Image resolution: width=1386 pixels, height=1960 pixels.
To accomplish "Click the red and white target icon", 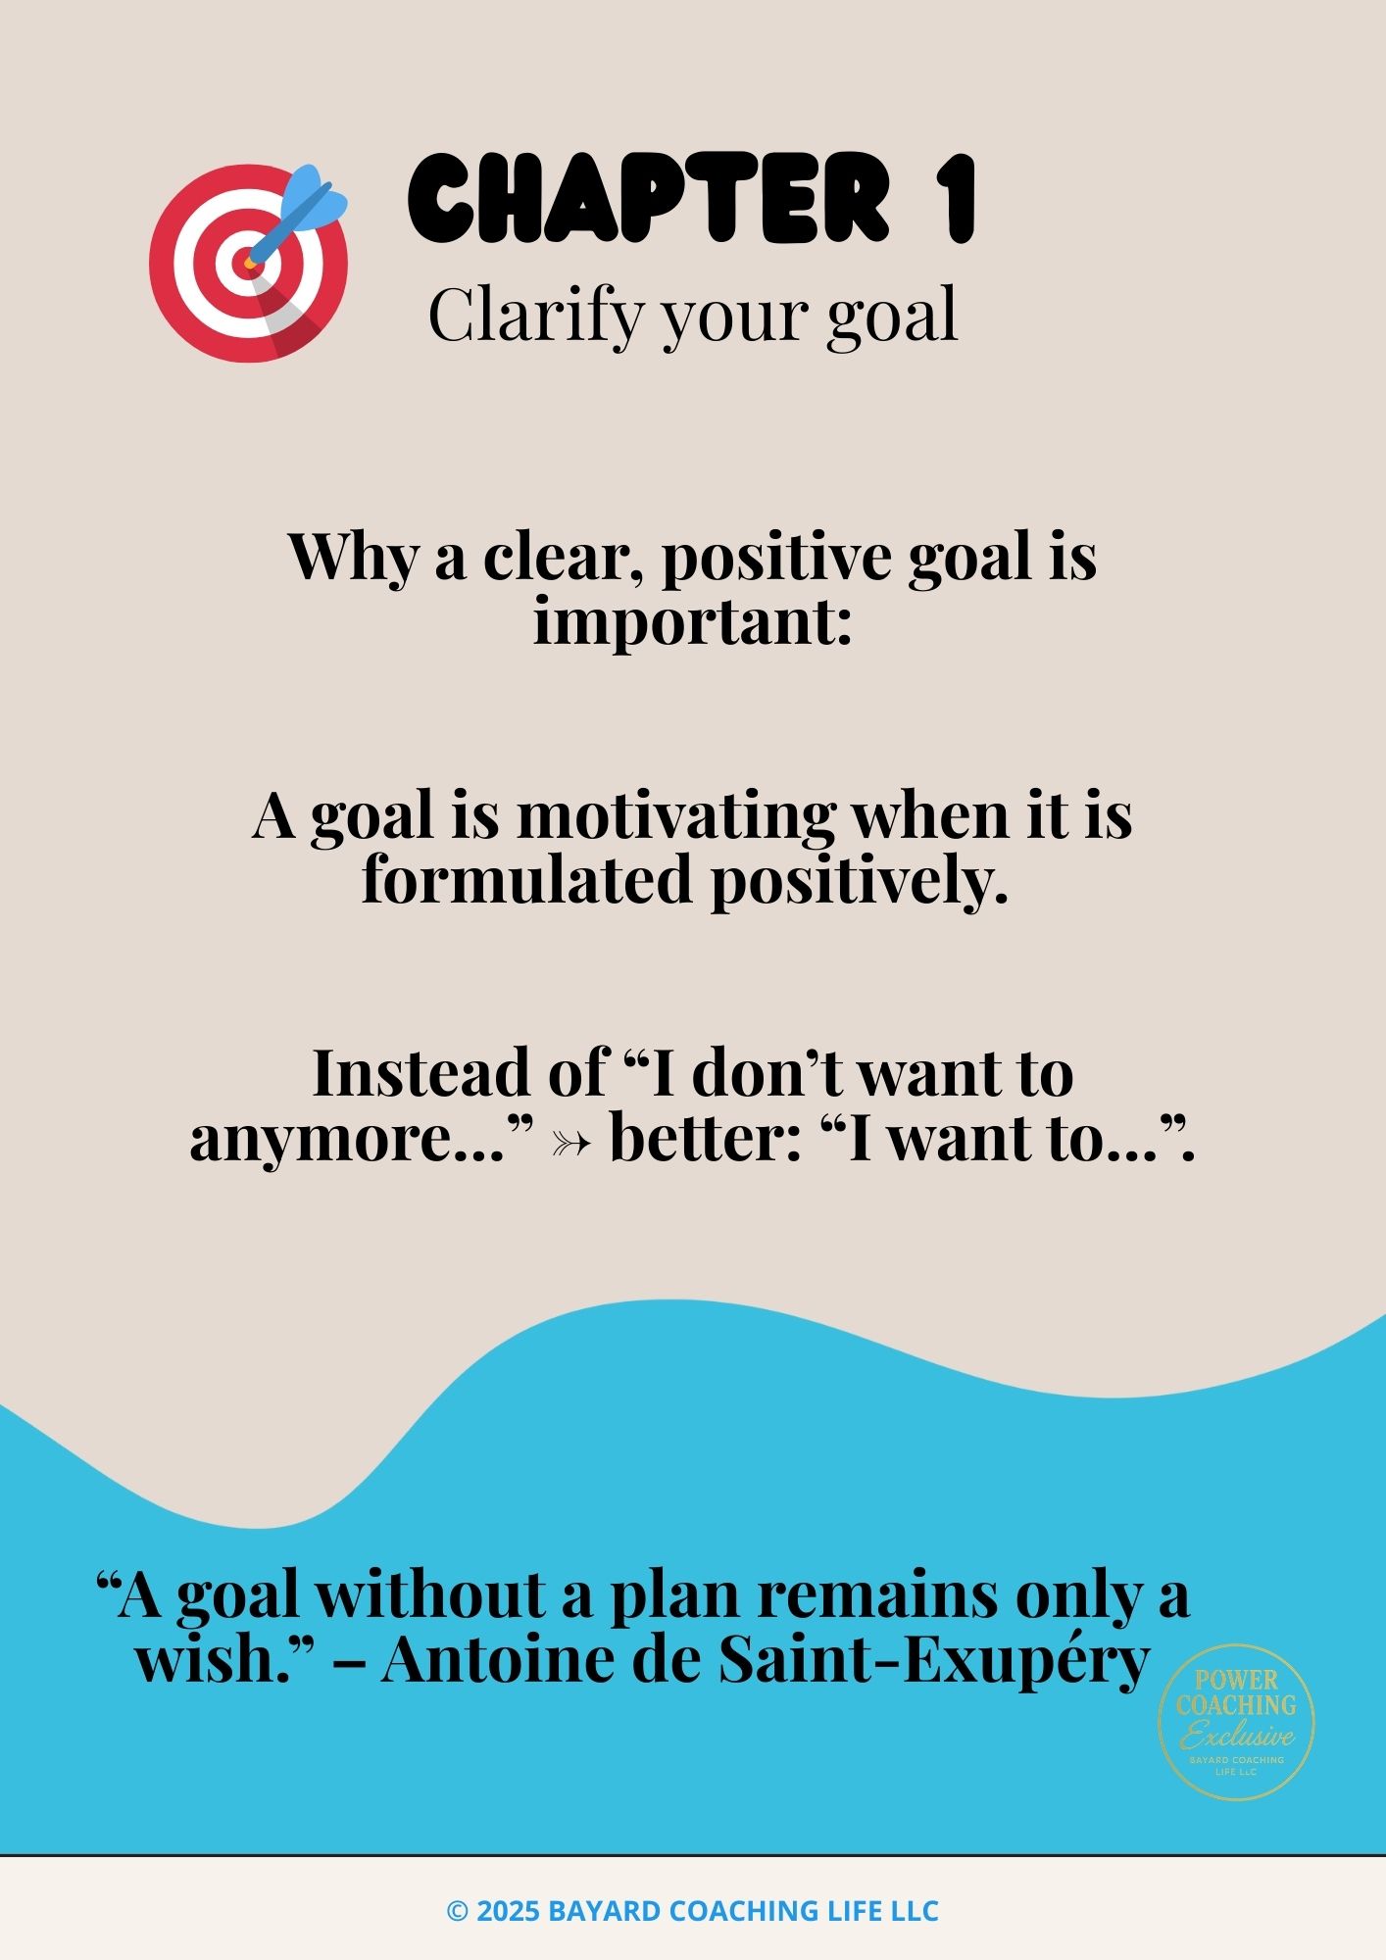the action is tap(248, 263).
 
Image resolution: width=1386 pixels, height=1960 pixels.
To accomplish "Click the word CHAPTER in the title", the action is tap(649, 199).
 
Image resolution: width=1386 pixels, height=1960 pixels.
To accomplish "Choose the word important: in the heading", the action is tap(692, 621).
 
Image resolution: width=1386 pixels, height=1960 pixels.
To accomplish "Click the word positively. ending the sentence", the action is tap(860, 881).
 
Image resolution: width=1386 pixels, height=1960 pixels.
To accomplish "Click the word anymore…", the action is tap(362, 1140).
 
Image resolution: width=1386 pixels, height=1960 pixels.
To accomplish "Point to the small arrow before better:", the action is tap(570, 1143).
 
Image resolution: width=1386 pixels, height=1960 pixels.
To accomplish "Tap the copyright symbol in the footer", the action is tap(457, 1911).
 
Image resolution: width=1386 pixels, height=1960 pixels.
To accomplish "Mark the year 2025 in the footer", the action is tap(508, 1911).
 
